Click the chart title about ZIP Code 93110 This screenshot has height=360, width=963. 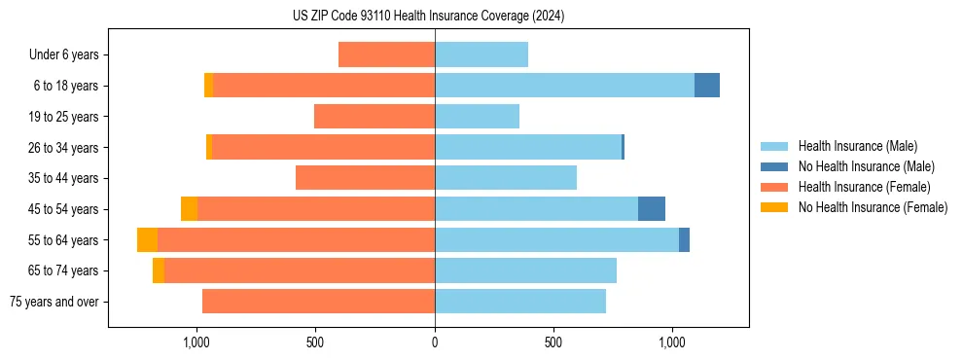click(x=428, y=17)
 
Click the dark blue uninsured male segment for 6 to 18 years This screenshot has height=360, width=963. click(x=707, y=86)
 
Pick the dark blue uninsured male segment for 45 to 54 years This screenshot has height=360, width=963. click(x=652, y=209)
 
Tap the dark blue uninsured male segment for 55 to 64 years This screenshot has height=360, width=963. click(x=684, y=239)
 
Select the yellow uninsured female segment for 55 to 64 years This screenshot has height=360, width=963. click(x=147, y=239)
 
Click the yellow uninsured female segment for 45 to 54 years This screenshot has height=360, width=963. click(x=189, y=209)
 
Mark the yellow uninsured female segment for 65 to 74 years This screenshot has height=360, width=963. click(x=159, y=270)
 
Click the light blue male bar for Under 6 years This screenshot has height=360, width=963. click(x=481, y=54)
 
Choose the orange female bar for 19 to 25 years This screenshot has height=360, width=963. click(x=374, y=117)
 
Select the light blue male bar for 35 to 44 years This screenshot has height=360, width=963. click(x=506, y=178)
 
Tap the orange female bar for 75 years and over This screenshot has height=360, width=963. click(x=318, y=302)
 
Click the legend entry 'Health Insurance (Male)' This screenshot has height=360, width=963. click(x=857, y=146)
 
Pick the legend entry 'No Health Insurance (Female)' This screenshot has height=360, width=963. click(x=873, y=207)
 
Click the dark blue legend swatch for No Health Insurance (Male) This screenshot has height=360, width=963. click(x=774, y=166)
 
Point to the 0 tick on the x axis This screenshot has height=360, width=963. click(x=435, y=342)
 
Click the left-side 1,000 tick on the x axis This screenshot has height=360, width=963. click(x=196, y=342)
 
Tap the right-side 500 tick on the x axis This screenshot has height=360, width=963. click(x=553, y=342)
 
